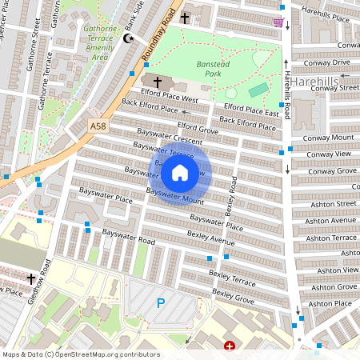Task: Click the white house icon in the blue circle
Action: click(180, 173)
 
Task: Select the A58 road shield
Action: click(98, 126)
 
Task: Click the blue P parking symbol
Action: click(160, 303)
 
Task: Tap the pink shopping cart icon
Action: click(278, 22)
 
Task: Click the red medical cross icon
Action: click(230, 346)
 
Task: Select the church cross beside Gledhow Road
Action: click(31, 278)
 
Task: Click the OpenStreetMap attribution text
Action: click(80, 354)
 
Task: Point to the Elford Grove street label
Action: click(198, 127)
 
